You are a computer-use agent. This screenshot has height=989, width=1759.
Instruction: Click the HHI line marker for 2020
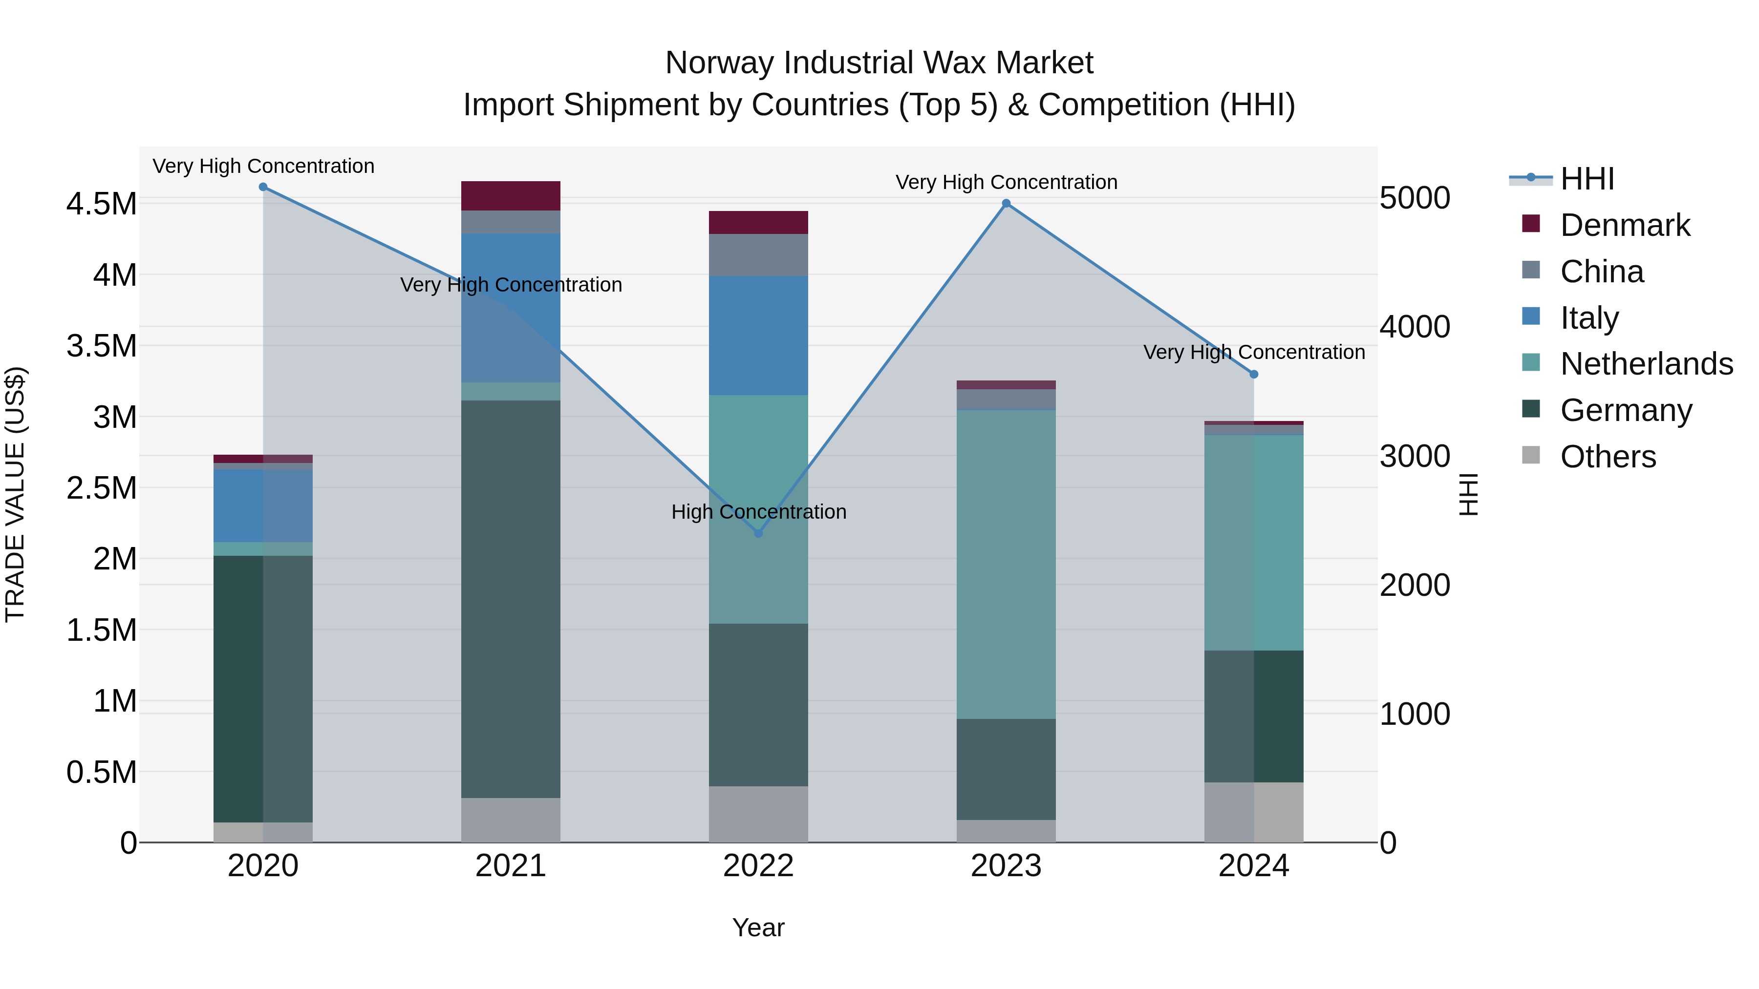[263, 187]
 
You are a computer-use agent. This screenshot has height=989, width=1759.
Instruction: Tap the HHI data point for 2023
[1006, 203]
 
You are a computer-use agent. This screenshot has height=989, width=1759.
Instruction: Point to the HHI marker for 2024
[1254, 374]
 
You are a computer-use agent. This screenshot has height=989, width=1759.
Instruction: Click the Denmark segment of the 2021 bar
[511, 196]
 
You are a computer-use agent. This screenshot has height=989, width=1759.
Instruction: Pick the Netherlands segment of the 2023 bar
[1006, 564]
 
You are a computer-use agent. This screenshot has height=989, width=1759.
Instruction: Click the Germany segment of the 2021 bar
[511, 599]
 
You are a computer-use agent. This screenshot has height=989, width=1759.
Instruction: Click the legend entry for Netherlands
[1646, 364]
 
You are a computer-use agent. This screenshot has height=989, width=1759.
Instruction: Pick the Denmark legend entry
[1624, 225]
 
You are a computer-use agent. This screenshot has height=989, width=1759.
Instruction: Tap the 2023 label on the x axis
[1006, 866]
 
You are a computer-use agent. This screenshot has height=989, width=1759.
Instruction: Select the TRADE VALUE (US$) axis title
[15, 494]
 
